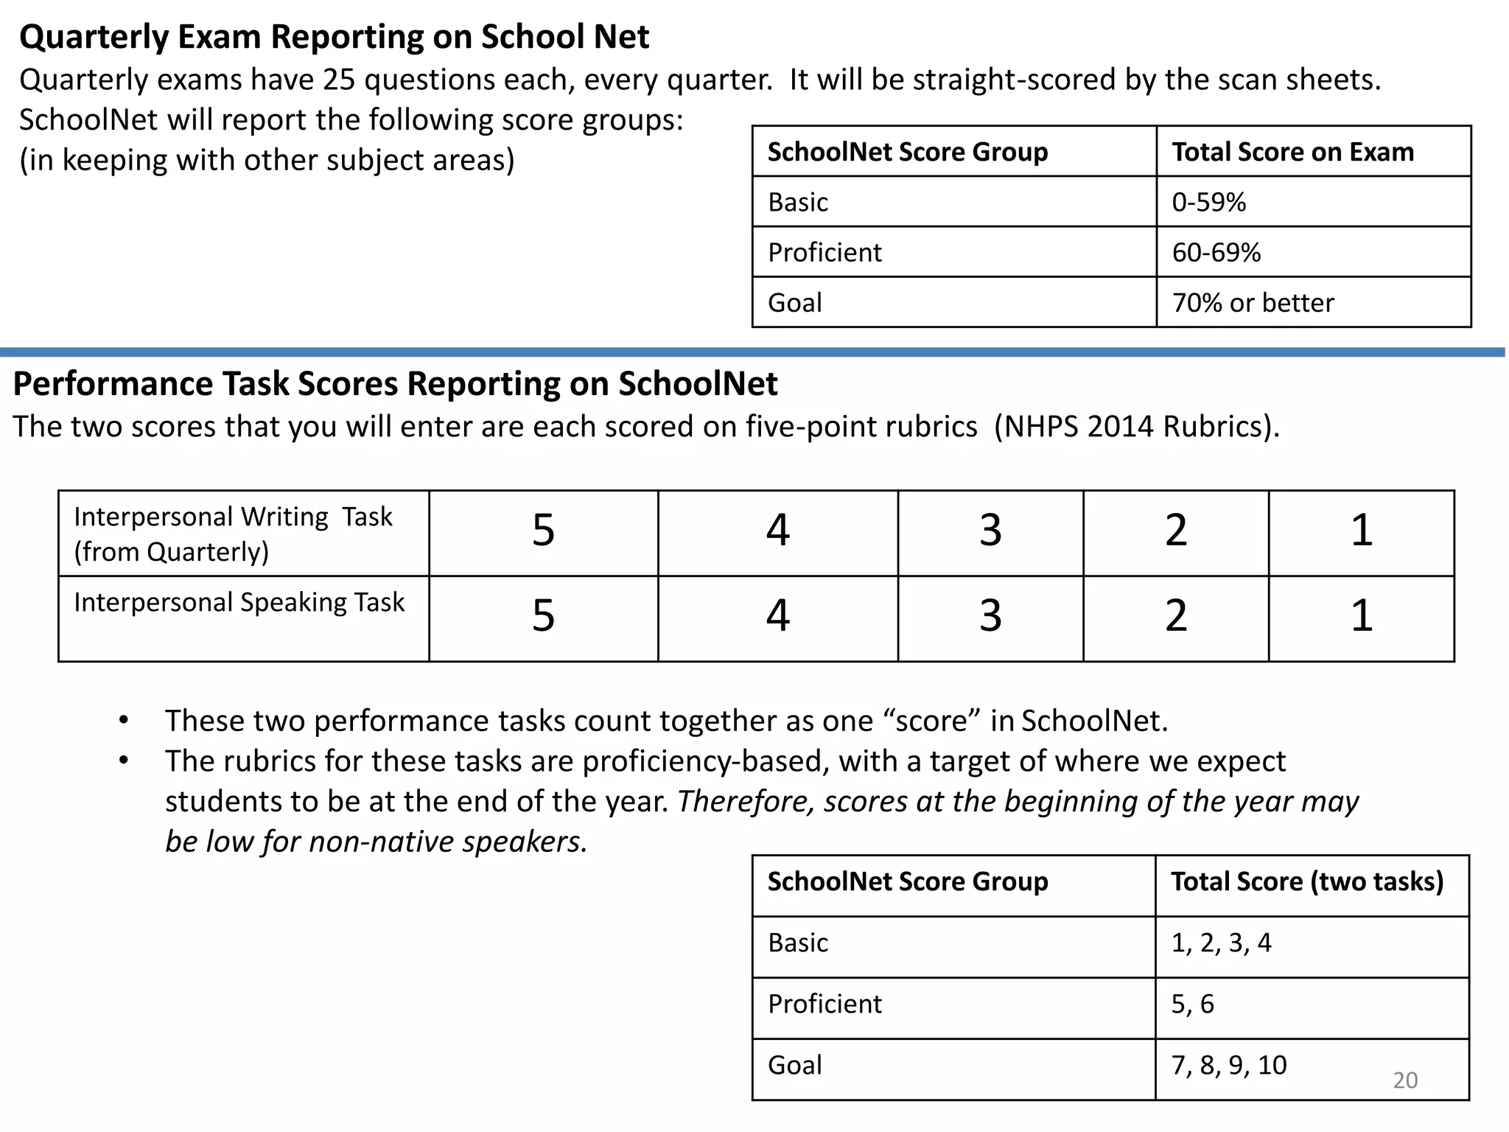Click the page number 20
pyautogui.click(x=1405, y=1080)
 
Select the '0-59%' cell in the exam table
pyautogui.click(x=1208, y=202)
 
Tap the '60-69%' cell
pyautogui.click(x=1216, y=253)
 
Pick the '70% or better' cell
pyautogui.click(x=1253, y=303)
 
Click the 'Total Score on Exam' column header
pyautogui.click(x=1292, y=152)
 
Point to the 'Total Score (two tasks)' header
pyautogui.click(x=1307, y=882)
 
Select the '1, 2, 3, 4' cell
pyautogui.click(x=1221, y=943)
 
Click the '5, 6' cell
pyautogui.click(x=1192, y=1005)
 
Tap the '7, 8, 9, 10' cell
pyautogui.click(x=1228, y=1066)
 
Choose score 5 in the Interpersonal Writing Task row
pyautogui.click(x=543, y=531)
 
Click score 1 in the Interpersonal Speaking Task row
pyautogui.click(x=1361, y=616)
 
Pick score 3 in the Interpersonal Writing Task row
pyautogui.click(x=990, y=531)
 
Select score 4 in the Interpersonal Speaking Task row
pyautogui.click(x=777, y=616)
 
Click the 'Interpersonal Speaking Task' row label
pyautogui.click(x=239, y=603)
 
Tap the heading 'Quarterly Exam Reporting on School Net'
pyautogui.click(x=334, y=37)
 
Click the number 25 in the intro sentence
pyautogui.click(x=339, y=80)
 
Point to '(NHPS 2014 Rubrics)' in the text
pyautogui.click(x=1135, y=427)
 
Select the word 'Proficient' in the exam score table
pyautogui.click(x=824, y=253)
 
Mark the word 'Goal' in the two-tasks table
pyautogui.click(x=794, y=1066)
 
